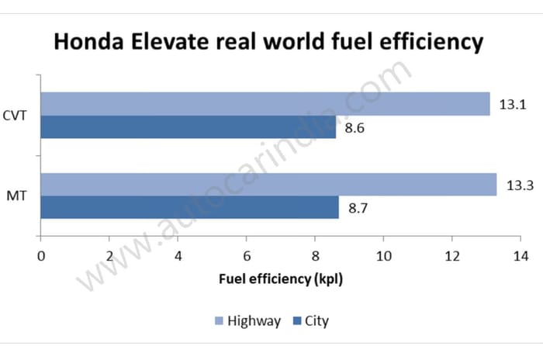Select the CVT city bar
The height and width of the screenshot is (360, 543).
[188, 127]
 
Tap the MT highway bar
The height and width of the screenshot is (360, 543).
[268, 185]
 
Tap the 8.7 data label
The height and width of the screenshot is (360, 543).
[357, 208]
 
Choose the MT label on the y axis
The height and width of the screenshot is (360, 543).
[17, 196]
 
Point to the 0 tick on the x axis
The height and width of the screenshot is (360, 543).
[40, 255]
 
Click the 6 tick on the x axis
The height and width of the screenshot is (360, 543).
[246, 255]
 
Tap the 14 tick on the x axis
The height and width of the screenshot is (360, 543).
[520, 255]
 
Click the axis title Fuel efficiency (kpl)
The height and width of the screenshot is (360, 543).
[281, 279]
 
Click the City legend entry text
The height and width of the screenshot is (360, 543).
[316, 321]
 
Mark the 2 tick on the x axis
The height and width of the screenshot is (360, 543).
[109, 255]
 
